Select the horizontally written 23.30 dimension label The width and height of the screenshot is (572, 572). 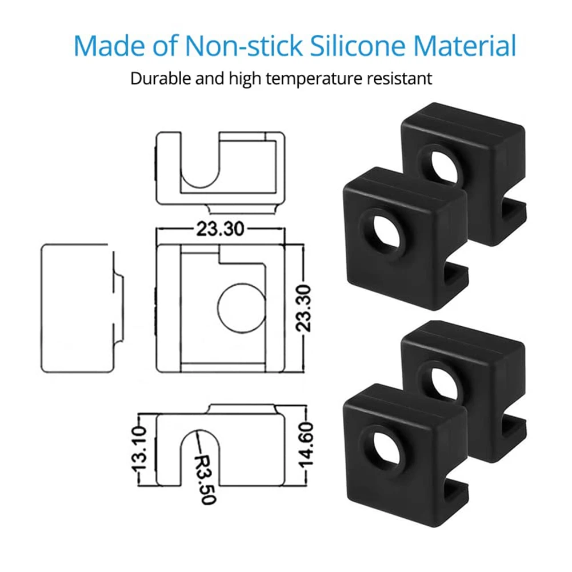tap(220, 229)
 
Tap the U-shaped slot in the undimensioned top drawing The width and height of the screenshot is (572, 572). tap(200, 166)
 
